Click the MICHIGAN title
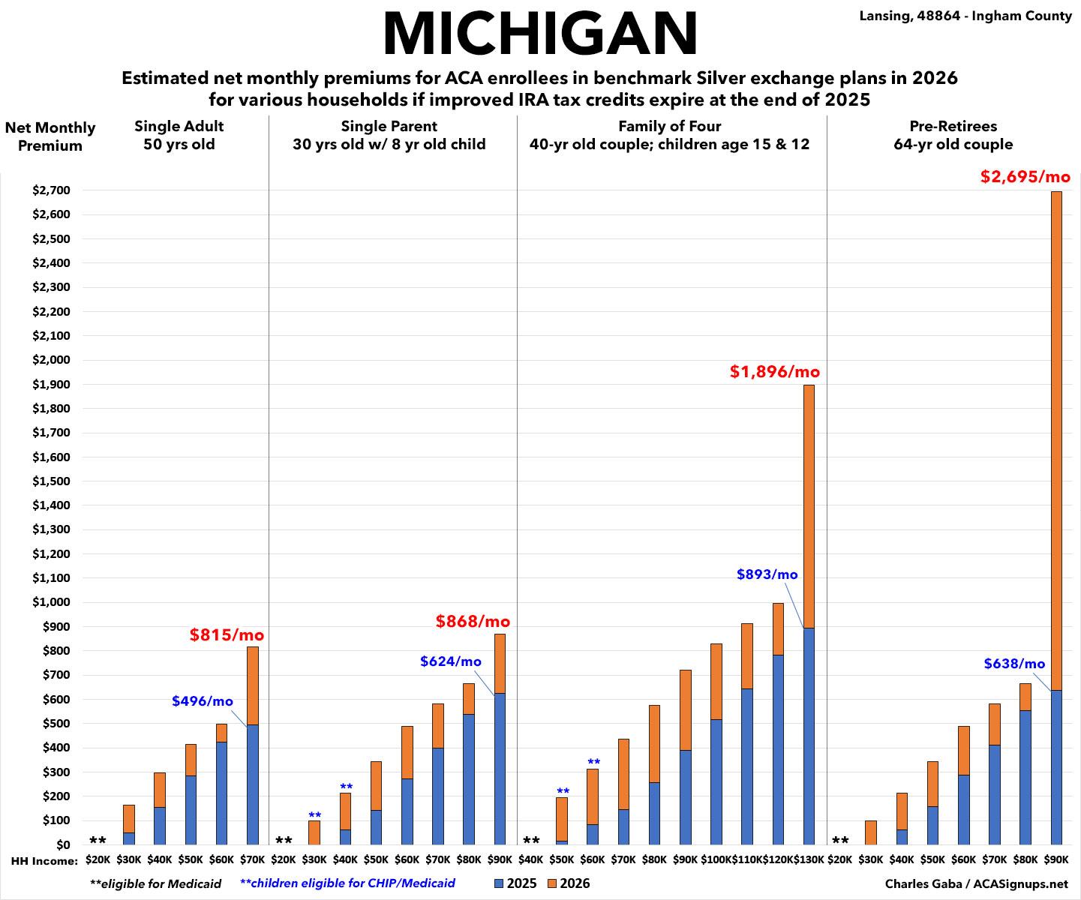[540, 34]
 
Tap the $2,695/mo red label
[1025, 177]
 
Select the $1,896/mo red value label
[774, 371]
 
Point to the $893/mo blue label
[767, 574]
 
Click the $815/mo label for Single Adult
[227, 635]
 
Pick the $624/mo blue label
[450, 661]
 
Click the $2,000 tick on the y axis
[52, 360]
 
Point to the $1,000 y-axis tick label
[52, 602]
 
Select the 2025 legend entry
[515, 883]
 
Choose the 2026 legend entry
[569, 883]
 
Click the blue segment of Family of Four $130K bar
[809, 735]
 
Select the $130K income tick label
[809, 859]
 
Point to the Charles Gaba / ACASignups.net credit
[976, 884]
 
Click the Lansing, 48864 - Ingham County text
[965, 16]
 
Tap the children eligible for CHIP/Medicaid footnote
[347, 883]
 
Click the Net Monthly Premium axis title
[50, 136]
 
